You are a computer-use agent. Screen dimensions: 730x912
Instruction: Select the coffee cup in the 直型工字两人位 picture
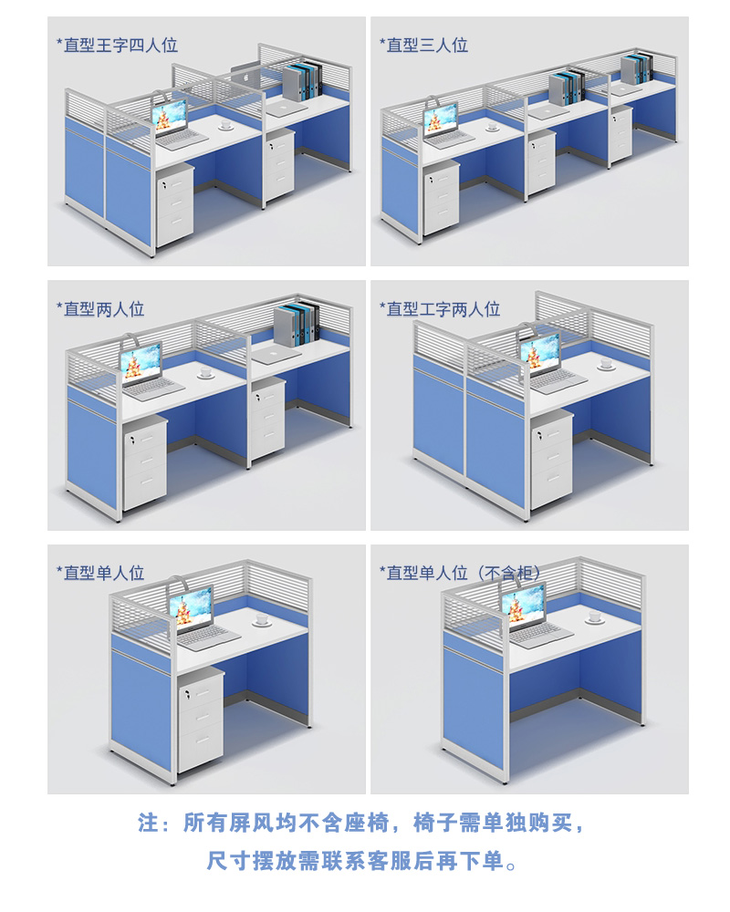[x=606, y=364]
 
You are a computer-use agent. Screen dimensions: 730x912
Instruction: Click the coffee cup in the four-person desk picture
[x=225, y=124]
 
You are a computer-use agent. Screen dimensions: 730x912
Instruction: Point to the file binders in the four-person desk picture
[x=303, y=81]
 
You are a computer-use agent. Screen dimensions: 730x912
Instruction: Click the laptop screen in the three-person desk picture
[x=442, y=119]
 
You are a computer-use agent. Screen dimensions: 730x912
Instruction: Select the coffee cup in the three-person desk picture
[x=492, y=126]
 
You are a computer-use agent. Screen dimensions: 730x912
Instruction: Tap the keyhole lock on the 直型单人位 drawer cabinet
[x=188, y=693]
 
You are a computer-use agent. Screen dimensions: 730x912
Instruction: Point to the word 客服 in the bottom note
[x=390, y=860]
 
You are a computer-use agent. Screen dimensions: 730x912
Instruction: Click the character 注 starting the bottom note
[x=149, y=823]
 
